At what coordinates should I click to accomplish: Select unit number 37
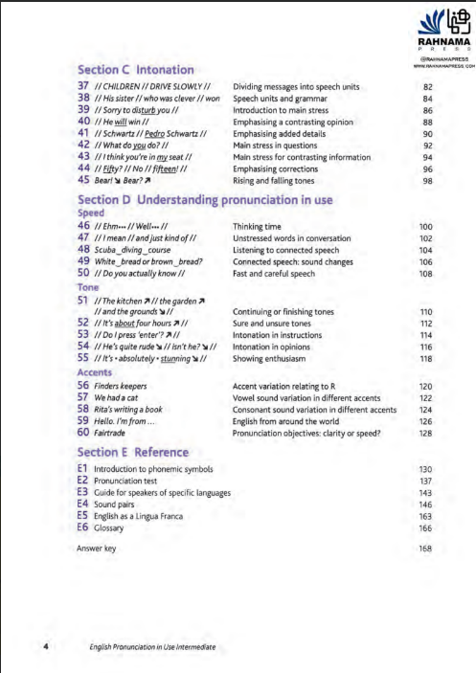coord(83,86)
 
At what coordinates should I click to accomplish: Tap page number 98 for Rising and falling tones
coord(427,181)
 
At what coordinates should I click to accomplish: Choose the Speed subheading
coord(92,213)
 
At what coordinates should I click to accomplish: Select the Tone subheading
coord(89,286)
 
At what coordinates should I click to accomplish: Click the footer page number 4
coord(46,647)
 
